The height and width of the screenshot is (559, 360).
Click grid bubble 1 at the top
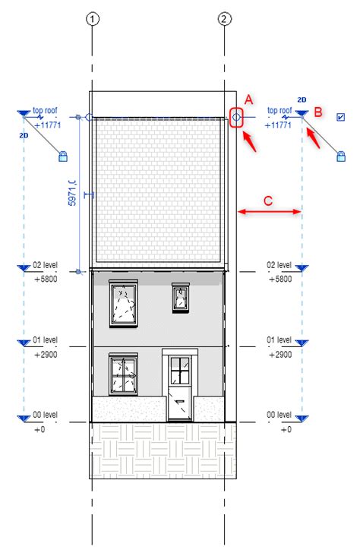point(92,18)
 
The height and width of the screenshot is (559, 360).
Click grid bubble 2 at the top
point(225,18)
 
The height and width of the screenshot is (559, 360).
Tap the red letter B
point(319,112)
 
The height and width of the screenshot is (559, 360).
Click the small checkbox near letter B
point(340,117)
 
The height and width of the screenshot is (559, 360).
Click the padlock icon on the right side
point(342,156)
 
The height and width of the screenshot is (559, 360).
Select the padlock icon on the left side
point(63,156)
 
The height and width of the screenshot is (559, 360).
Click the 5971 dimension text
point(71,194)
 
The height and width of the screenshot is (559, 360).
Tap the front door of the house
point(180,386)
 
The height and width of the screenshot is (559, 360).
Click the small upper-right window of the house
point(180,296)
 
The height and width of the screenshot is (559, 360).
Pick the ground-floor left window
point(123,374)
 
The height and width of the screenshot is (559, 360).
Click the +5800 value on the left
point(46,279)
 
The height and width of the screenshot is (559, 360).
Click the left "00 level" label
point(46,415)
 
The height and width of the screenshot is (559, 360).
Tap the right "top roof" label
point(279,111)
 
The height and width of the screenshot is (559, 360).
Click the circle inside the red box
point(236,118)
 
